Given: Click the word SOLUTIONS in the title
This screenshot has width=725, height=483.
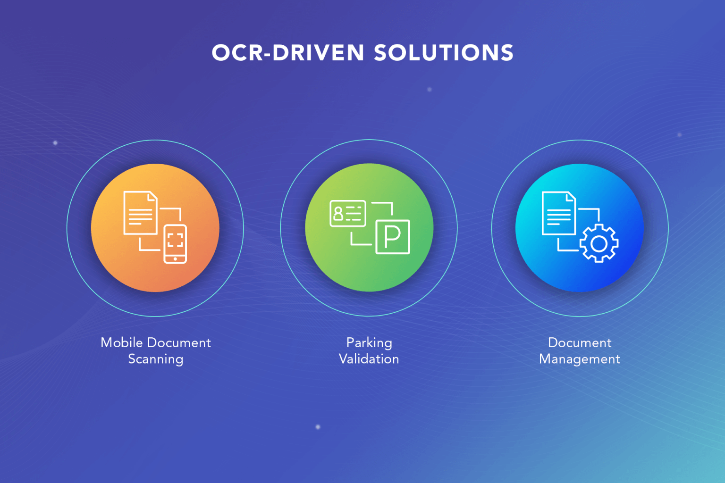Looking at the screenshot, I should point(444,53).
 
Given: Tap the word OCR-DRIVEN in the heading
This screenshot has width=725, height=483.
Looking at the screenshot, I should point(288,53).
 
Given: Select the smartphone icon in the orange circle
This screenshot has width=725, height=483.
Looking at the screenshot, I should point(175,244).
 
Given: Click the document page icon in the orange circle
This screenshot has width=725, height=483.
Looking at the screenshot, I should point(140,213).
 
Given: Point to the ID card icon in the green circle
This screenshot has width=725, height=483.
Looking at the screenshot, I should point(348,214).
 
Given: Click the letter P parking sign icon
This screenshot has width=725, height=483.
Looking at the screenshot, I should point(393,237).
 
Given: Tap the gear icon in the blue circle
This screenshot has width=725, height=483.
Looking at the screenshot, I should point(599,243).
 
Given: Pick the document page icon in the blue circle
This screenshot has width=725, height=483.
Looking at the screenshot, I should point(559,213).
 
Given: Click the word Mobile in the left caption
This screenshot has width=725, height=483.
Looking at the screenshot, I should point(121,342).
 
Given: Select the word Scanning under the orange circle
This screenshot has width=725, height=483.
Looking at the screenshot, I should point(156,359).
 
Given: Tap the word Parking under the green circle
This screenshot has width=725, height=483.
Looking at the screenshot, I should point(369,342).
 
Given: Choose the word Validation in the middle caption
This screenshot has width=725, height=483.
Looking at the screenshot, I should point(369,359).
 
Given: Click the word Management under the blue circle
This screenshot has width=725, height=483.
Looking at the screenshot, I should point(580,359).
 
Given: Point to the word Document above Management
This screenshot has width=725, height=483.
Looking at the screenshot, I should point(580,342).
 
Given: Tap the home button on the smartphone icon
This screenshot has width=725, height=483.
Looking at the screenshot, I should point(175,259).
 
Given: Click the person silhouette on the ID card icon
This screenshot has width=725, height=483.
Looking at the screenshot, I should point(338,214).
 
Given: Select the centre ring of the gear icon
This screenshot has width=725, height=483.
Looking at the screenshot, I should point(599,243).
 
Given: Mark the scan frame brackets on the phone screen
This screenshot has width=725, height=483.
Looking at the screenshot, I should point(175,240).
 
